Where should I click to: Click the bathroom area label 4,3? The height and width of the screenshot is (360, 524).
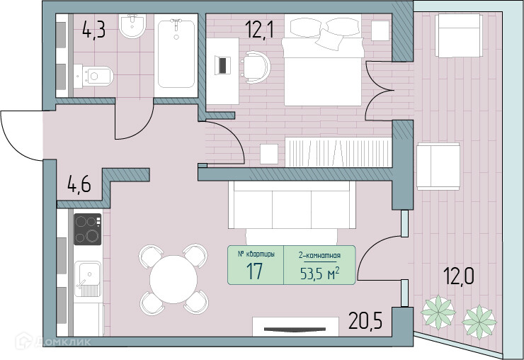pos(94,30)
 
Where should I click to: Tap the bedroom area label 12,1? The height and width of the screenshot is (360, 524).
pos(259,29)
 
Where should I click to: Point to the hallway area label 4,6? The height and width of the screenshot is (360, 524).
pos(79,184)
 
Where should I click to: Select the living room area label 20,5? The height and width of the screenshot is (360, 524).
pos(365,320)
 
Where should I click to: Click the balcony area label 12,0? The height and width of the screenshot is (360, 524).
pos(459,276)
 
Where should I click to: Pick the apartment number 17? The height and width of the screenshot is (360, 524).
pos(254,271)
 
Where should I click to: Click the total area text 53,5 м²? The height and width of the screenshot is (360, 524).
pos(320,274)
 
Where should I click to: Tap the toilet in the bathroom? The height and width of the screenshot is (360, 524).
pos(93,77)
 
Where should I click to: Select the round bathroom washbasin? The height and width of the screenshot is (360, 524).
pos(132,26)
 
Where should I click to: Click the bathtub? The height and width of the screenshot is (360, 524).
pos(176,54)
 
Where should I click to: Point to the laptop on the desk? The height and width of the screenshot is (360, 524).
pos(222,65)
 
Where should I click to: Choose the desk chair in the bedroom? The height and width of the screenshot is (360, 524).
pos(256,67)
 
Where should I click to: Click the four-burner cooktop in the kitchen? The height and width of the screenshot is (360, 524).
pos(88,229)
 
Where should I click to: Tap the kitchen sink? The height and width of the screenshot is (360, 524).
pos(88,279)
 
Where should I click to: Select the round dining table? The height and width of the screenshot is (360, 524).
pos(173,279)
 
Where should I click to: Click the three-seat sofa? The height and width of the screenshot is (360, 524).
pos(292,205)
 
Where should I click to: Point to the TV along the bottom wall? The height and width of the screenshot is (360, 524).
pos(295,330)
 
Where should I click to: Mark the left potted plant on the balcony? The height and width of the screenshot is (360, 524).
pos(438,313)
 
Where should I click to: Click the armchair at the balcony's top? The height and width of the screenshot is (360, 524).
pos(459,35)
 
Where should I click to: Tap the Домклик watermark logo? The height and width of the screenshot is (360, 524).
pos(54,342)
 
